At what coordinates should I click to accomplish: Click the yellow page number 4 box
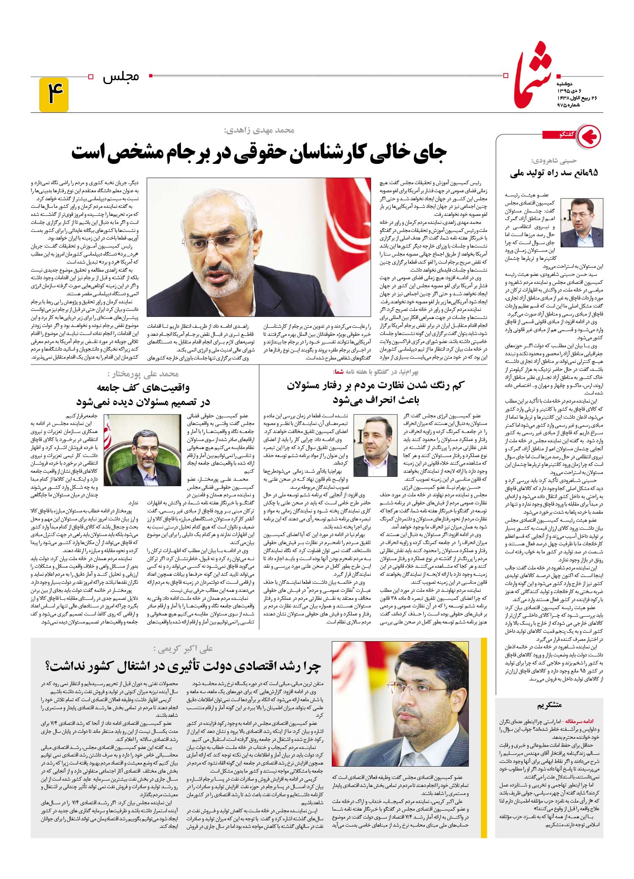coord(54,94)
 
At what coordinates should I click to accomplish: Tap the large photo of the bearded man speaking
coord(253,247)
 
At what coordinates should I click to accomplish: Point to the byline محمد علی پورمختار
coord(144,373)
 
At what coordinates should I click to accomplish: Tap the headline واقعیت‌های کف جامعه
coord(143,387)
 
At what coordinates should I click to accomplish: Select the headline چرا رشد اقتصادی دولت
coord(183,666)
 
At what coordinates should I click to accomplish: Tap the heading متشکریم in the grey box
coord(549,705)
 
